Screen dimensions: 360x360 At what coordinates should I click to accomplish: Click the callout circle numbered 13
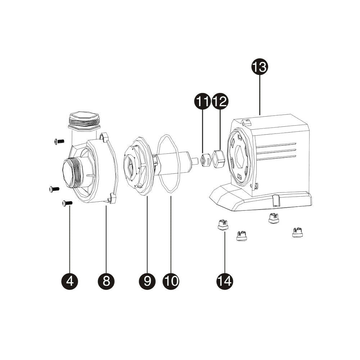click(260, 67)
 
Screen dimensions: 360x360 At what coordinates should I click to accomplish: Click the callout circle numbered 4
click(70, 280)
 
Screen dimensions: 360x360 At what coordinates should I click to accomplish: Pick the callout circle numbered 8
click(106, 280)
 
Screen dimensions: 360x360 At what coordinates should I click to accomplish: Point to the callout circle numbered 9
click(147, 280)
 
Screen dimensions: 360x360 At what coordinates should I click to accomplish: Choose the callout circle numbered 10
click(171, 280)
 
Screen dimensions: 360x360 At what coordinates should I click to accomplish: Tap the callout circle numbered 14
click(225, 280)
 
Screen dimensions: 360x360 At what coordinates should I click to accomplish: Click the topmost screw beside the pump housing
click(58, 141)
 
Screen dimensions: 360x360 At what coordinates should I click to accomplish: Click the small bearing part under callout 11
click(205, 159)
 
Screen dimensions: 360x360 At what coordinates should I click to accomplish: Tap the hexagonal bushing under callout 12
click(219, 158)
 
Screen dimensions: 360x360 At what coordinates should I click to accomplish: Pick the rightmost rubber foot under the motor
click(297, 233)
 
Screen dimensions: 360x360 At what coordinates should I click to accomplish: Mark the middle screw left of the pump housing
click(54, 189)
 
